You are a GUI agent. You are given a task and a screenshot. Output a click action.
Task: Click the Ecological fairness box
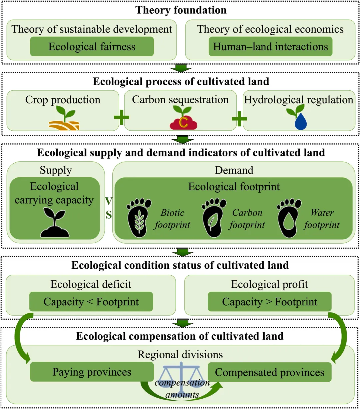point(92,47)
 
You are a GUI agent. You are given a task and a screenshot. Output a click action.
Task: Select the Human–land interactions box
point(270,47)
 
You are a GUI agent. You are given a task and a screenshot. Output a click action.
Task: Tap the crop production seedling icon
point(64,118)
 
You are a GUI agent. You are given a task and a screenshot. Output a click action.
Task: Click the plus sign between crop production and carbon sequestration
point(121,118)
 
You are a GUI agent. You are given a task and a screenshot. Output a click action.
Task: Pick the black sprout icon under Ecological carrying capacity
point(54,223)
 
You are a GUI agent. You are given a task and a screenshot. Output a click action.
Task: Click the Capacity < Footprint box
point(91,302)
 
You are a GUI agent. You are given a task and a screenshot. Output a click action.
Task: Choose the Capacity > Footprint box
point(270,302)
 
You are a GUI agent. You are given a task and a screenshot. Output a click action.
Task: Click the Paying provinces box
point(92,372)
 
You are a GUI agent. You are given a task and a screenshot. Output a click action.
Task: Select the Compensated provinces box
point(270,372)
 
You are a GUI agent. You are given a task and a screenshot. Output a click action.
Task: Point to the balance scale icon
point(181,372)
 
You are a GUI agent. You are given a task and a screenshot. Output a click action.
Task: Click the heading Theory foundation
point(181,10)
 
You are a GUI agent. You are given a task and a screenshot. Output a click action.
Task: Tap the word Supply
point(56,170)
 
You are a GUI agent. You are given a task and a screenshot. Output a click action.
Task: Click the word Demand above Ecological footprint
point(234,170)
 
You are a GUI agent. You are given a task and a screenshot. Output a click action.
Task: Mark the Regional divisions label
point(180,354)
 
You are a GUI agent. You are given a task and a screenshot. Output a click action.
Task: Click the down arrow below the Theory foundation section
point(181,68)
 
